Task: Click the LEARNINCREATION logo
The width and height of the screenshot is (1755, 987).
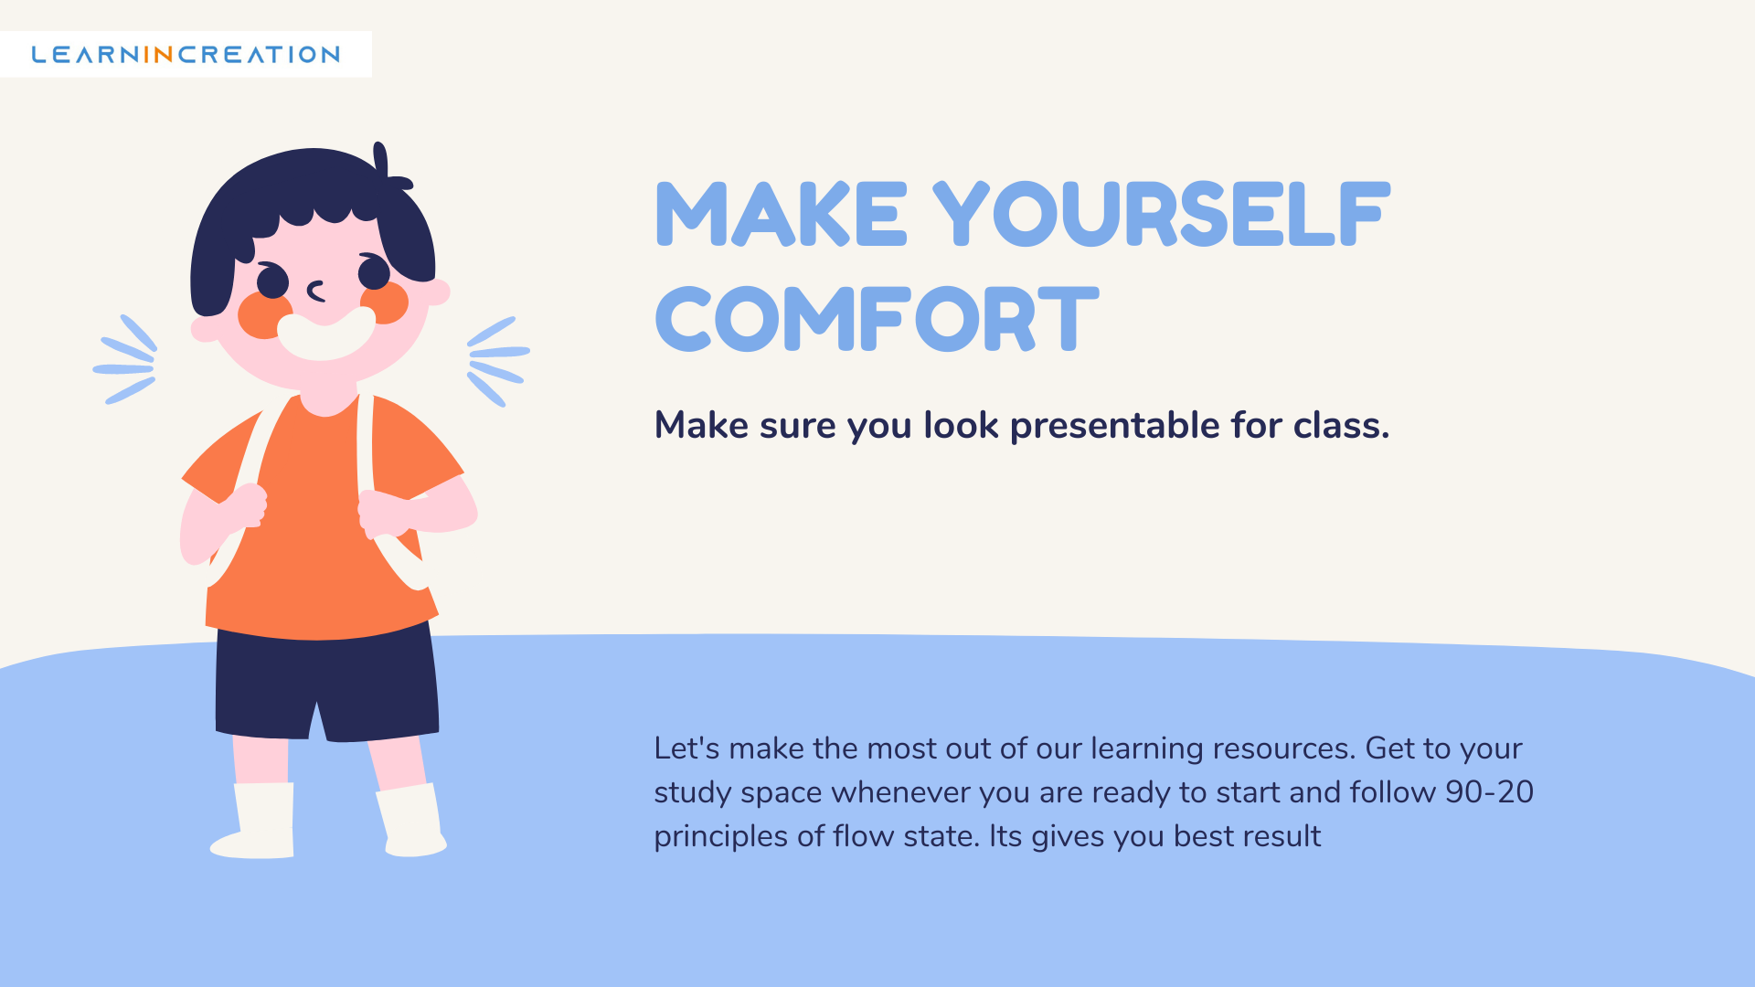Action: [186, 55]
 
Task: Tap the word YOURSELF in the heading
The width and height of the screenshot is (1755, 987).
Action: [1161, 214]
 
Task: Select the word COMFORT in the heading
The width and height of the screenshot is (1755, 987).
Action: [877, 318]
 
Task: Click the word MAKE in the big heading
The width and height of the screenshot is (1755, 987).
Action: [782, 214]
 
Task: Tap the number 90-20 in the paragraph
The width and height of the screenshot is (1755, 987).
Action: [1489, 791]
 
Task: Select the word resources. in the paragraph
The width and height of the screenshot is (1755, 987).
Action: [1284, 748]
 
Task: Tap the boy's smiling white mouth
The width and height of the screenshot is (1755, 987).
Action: [326, 333]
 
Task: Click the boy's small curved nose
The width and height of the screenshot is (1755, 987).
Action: [316, 292]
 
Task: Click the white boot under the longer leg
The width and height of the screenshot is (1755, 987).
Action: [254, 821]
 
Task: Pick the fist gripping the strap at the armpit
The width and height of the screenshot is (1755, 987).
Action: [384, 514]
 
